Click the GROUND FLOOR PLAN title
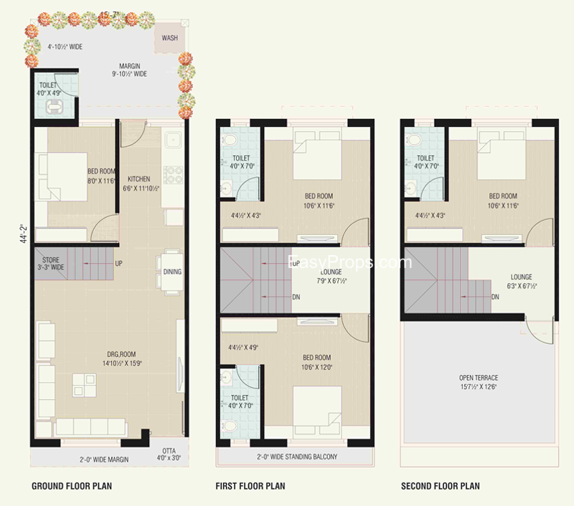tap(72, 487)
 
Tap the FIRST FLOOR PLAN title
tap(250, 487)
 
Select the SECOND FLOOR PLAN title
tap(440, 487)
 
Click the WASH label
tap(170, 38)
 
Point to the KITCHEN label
tap(138, 179)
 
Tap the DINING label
tap(172, 272)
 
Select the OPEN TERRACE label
tap(479, 378)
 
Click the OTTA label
tap(164, 451)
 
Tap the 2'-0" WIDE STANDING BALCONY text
tap(296, 457)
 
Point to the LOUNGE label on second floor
tap(521, 277)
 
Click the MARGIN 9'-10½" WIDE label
tap(129, 69)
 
